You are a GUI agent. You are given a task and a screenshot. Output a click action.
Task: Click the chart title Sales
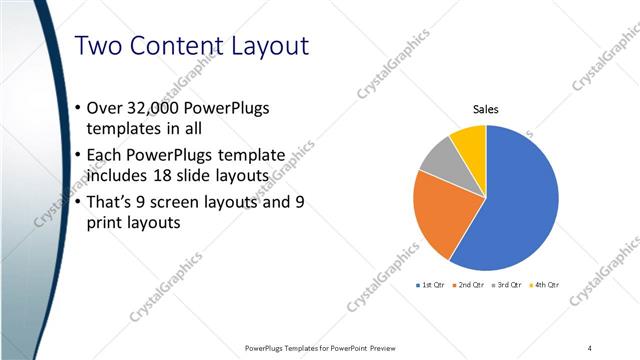[x=485, y=110]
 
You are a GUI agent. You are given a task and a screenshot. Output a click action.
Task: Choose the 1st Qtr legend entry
[x=431, y=285]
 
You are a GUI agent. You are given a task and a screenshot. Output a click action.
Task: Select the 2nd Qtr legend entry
[x=469, y=285]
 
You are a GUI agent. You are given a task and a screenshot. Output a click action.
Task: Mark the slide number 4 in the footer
[x=590, y=348]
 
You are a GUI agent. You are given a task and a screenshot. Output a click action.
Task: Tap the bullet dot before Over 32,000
[x=79, y=108]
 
